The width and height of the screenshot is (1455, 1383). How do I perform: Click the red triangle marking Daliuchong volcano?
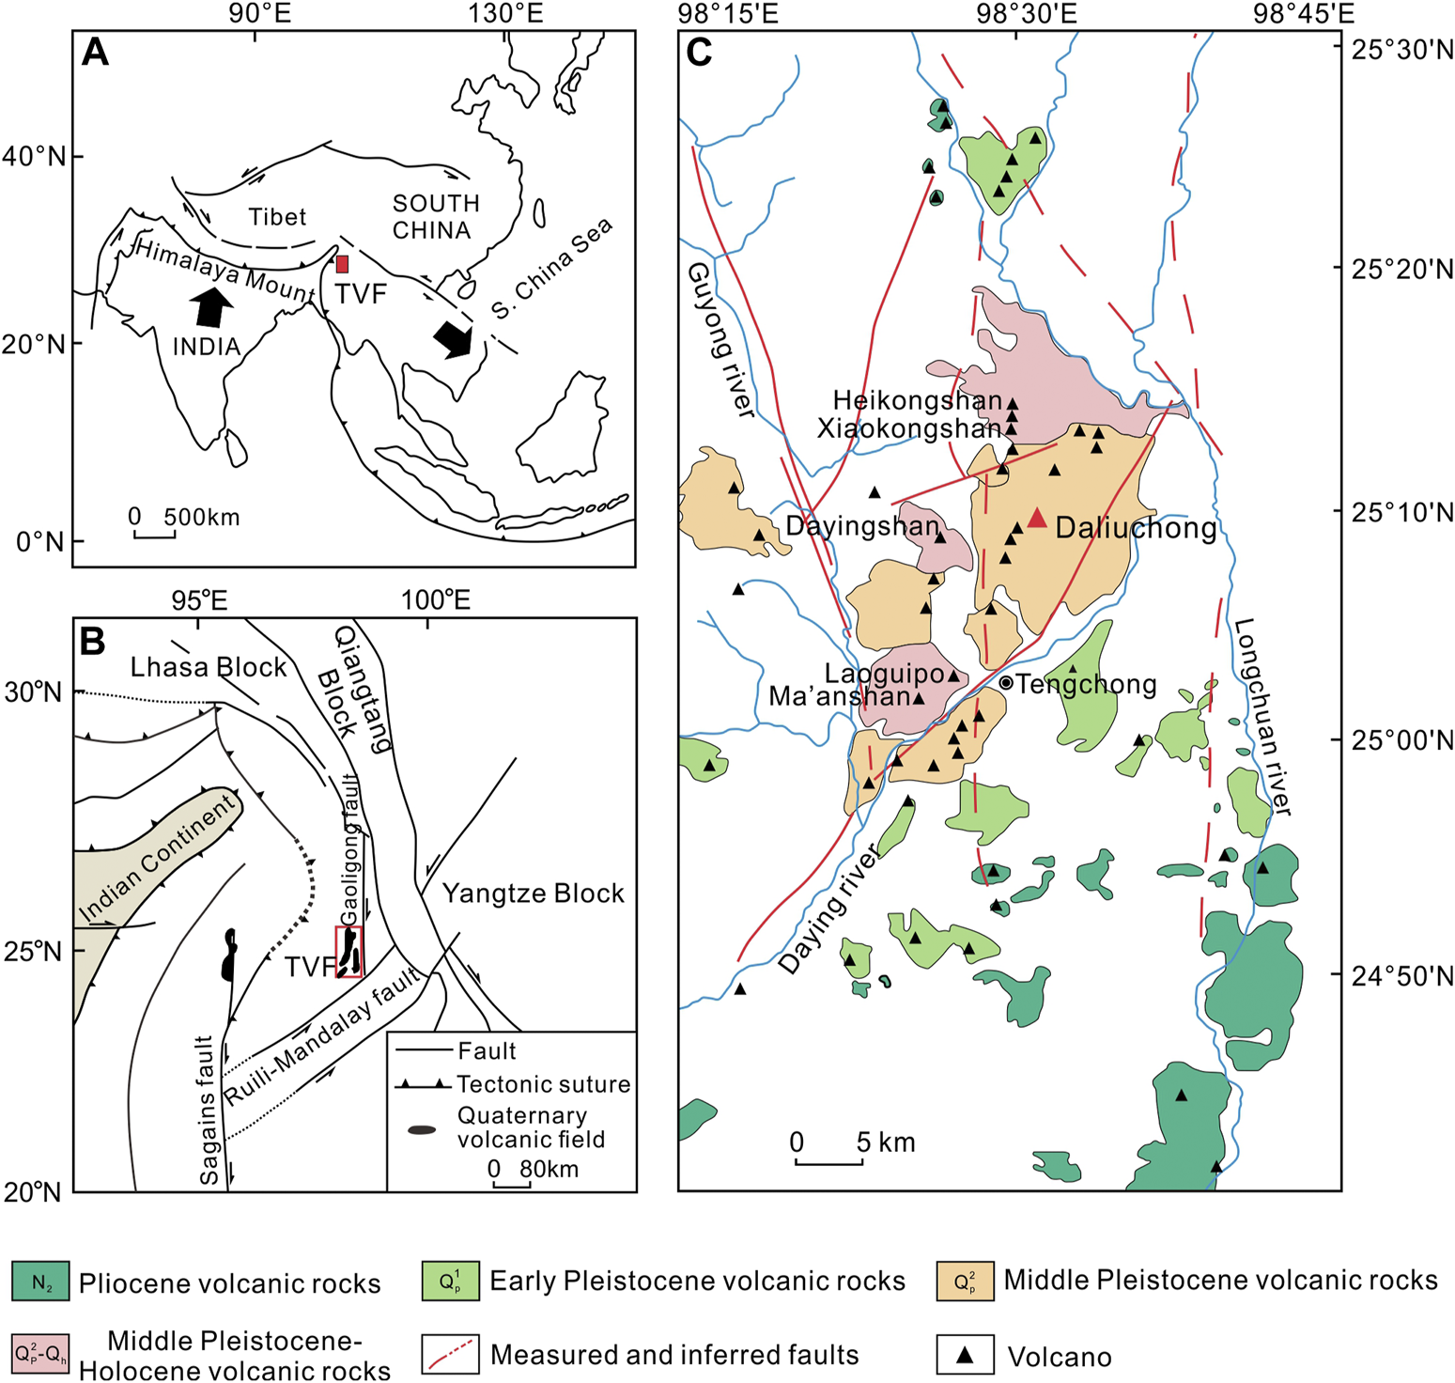tap(1036, 519)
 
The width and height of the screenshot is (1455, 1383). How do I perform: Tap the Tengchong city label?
tap(1086, 684)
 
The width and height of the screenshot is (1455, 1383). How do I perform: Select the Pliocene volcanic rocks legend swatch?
tap(40, 1282)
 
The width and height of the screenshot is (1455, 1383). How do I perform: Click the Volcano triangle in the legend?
tap(965, 1356)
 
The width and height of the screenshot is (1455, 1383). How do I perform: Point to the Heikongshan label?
tap(918, 401)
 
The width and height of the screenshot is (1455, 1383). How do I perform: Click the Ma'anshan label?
tap(840, 696)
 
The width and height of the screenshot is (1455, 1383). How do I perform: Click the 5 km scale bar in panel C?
tap(828, 1162)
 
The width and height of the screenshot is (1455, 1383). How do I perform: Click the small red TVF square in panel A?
tap(343, 264)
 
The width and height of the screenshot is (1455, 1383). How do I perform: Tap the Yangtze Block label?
tap(533, 893)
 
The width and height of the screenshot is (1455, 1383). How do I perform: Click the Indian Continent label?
tap(156, 858)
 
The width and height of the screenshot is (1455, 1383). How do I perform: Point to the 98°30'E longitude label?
tap(1026, 13)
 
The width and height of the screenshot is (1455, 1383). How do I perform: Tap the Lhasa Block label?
tap(208, 667)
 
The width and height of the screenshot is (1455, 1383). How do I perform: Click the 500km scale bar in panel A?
tap(154, 536)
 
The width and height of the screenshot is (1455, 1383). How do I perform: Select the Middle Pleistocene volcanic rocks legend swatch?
tap(965, 1282)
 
